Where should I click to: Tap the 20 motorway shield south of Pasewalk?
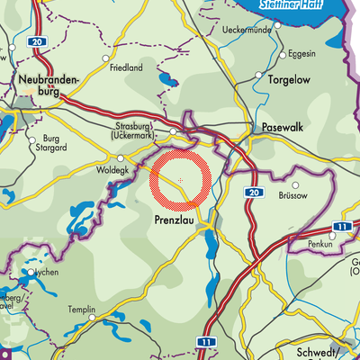pos(253,193)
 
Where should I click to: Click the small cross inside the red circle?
pos(181,180)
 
